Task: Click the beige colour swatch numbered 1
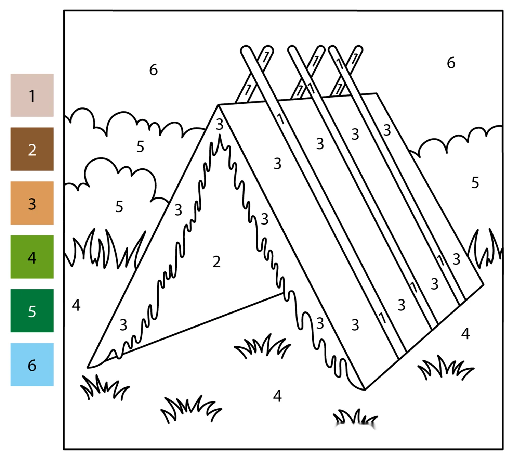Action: [x=32, y=95]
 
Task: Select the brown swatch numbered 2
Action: [x=32, y=149]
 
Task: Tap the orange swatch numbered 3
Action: [x=32, y=203]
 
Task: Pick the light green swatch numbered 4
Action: [x=32, y=257]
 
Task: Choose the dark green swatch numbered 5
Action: [x=32, y=311]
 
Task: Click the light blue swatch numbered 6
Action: [x=32, y=365]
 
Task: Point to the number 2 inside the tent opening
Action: [x=216, y=261]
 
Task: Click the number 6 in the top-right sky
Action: [x=451, y=63]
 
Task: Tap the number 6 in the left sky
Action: [x=154, y=70]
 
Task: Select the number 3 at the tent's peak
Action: [x=220, y=125]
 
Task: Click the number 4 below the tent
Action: [x=277, y=396]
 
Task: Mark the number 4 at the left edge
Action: [x=76, y=305]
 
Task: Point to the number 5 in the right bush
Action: [x=475, y=182]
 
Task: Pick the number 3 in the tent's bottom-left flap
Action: [x=123, y=325]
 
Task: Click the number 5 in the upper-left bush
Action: [x=140, y=146]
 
